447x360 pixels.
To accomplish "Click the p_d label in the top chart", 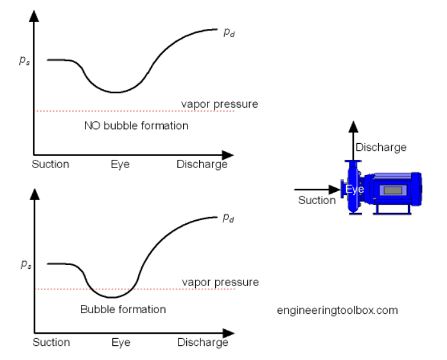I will pyautogui.click(x=229, y=33).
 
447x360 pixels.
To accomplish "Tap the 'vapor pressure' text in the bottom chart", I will pyautogui.click(x=220, y=282).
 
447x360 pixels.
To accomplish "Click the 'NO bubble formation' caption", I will pyautogui.click(x=136, y=126).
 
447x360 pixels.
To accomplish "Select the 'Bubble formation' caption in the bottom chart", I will pyautogui.click(x=123, y=309).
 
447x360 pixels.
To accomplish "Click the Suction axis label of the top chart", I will pyautogui.click(x=50, y=164).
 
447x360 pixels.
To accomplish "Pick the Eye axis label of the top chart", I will pyautogui.click(x=119, y=164).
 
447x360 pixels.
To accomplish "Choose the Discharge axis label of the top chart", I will pyautogui.click(x=202, y=164).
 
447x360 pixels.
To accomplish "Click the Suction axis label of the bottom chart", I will pyautogui.click(x=50, y=343).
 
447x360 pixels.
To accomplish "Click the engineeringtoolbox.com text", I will pyautogui.click(x=337, y=310).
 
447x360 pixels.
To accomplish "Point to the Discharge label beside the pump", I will pyautogui.click(x=381, y=148).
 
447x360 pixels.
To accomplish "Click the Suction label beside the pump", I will pyautogui.click(x=317, y=200).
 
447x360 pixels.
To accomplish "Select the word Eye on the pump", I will pyautogui.click(x=355, y=190).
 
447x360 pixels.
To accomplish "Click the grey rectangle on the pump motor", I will pyautogui.click(x=393, y=190).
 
